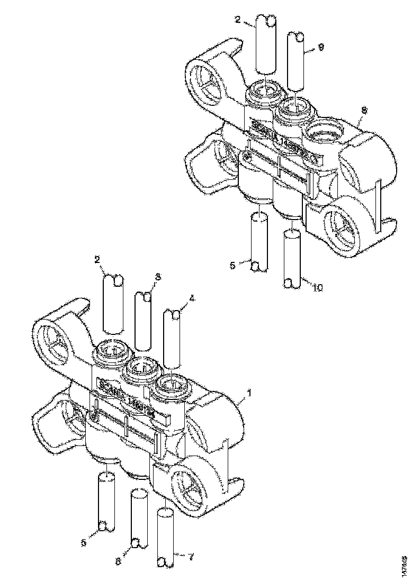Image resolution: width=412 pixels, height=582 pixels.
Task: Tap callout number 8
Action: pos(364,110)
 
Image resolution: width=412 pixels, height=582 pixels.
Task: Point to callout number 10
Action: pos(317,288)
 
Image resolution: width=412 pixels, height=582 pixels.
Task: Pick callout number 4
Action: pos(192,297)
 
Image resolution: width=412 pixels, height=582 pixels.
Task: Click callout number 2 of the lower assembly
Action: pos(97,260)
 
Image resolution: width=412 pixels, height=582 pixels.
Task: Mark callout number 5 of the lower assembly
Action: pos(84,542)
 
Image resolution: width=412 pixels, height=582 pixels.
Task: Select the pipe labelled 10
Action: pos(292,259)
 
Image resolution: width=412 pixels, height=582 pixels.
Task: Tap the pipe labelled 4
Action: pos(173,339)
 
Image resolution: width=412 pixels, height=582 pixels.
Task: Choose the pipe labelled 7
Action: pos(166,537)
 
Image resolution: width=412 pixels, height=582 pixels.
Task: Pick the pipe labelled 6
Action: pos(139,519)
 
